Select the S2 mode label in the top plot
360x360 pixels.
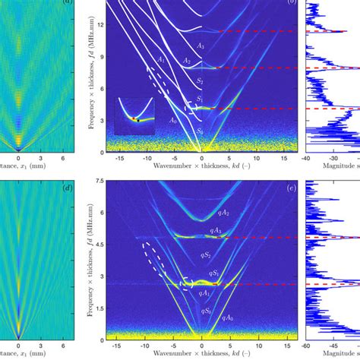click(200, 80)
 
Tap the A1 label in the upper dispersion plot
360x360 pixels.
click(162, 58)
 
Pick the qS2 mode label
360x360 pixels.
click(201, 254)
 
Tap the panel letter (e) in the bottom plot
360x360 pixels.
click(292, 188)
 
